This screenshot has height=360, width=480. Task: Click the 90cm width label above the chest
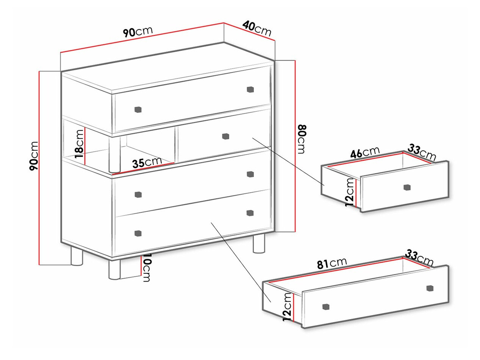(x=138, y=32)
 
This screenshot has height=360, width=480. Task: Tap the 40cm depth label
(x=257, y=28)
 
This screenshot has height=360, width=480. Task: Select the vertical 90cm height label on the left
(x=34, y=156)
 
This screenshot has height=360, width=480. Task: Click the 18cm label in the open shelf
(x=79, y=144)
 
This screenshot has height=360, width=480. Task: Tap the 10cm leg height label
(x=146, y=268)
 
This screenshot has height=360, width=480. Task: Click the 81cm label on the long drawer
(x=332, y=263)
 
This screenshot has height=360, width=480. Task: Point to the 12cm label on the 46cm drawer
(x=349, y=192)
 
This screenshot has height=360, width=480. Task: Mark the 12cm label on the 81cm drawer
(x=287, y=307)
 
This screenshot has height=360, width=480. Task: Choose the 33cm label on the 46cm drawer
(x=422, y=152)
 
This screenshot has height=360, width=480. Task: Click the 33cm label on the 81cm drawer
(x=419, y=258)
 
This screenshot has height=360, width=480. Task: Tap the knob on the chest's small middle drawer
(x=225, y=136)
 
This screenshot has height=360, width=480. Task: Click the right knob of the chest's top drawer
(x=250, y=89)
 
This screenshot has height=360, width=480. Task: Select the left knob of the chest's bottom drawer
(x=138, y=233)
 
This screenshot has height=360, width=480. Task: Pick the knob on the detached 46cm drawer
(x=407, y=187)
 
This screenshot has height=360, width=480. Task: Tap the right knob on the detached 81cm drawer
(x=430, y=288)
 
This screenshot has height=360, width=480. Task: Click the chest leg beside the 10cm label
(x=114, y=270)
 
